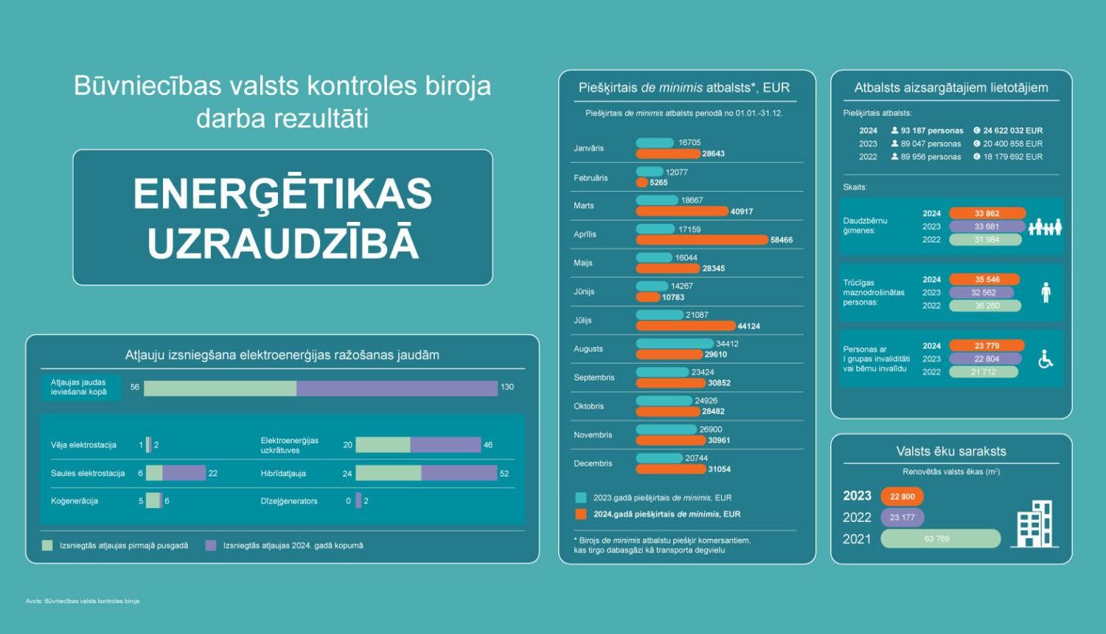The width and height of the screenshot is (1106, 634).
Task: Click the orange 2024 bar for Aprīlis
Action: pos(701,240)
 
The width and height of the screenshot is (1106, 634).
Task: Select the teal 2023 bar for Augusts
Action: pos(674,344)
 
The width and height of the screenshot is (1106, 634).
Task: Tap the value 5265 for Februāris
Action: pos(658,183)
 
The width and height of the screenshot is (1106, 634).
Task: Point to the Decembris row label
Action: pos(593,464)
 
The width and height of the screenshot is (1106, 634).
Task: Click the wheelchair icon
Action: pos(1046,359)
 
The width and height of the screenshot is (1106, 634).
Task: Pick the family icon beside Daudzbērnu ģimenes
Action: pos(1045,227)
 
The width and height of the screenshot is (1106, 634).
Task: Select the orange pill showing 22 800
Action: pos(902,497)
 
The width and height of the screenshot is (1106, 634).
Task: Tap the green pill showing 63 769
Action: pos(940,539)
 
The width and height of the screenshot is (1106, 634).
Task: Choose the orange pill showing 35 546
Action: pos(986,280)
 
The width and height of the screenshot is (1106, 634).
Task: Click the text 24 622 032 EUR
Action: pos(1012,130)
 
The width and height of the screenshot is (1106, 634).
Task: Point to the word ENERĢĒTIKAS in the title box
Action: pos(282,194)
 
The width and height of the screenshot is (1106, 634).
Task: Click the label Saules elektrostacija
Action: pos(88,473)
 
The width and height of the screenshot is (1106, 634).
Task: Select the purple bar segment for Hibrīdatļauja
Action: pos(459,473)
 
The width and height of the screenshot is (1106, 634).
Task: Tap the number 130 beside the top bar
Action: pos(507,387)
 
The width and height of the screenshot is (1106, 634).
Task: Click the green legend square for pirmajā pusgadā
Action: pos(47,546)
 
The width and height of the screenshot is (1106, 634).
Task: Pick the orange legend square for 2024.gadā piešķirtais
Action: pos(581,515)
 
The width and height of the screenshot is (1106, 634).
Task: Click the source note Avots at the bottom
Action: pos(83,601)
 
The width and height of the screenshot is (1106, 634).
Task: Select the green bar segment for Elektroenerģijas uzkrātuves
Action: pos(383,445)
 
